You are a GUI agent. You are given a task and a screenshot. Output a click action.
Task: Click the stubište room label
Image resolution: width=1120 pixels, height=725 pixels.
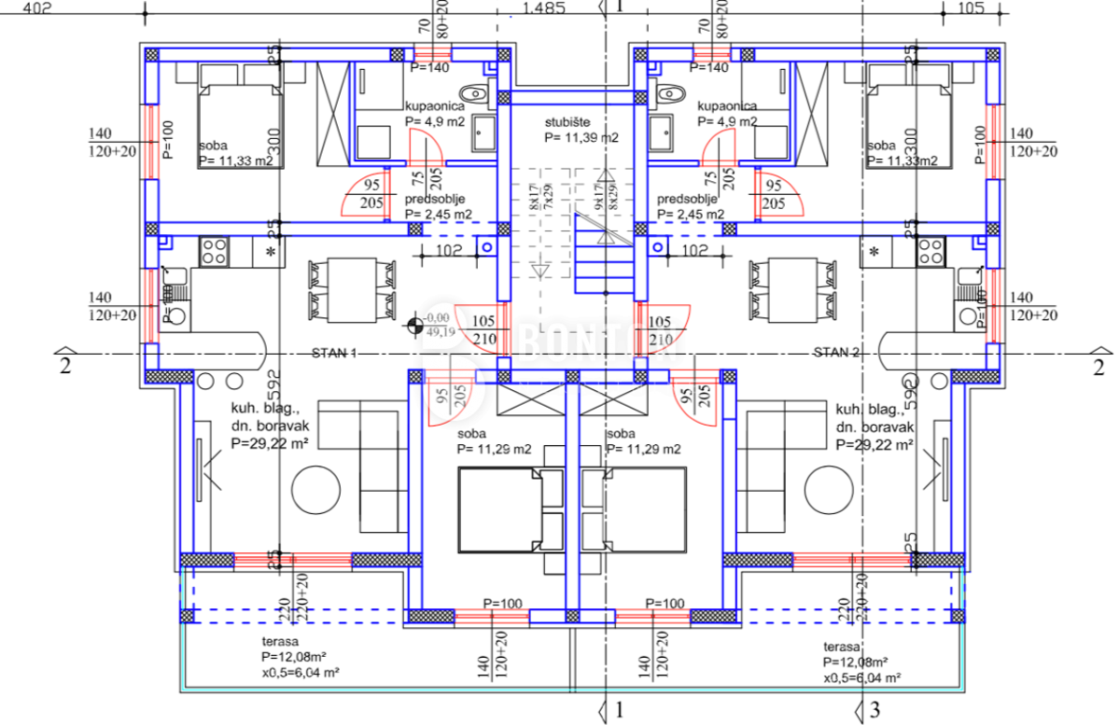pyautogui.click(x=569, y=122)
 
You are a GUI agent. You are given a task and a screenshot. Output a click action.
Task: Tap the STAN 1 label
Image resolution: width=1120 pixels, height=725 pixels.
pyautogui.click(x=334, y=353)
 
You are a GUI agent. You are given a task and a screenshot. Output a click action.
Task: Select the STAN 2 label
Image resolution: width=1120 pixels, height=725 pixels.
pyautogui.click(x=835, y=353)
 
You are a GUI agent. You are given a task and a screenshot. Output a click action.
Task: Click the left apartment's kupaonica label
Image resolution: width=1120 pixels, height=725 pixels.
pyautogui.click(x=435, y=106)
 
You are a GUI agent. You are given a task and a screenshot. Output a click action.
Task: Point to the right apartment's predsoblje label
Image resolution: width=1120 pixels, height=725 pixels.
pyautogui.click(x=687, y=200)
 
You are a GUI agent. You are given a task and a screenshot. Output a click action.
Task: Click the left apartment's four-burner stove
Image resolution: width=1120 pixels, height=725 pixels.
pyautogui.click(x=215, y=250)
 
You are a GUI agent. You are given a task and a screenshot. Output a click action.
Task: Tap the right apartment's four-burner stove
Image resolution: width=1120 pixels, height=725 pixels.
pyautogui.click(x=930, y=250)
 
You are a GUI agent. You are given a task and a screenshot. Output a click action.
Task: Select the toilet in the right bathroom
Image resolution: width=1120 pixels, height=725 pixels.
pyautogui.click(x=669, y=93)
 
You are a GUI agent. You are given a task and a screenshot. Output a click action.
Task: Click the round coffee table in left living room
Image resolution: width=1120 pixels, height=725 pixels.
pyautogui.click(x=317, y=492)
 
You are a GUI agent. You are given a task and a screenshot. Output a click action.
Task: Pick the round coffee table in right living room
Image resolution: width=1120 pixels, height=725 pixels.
pyautogui.click(x=831, y=492)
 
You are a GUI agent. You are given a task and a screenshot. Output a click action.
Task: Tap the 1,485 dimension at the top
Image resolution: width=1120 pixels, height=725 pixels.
pyautogui.click(x=545, y=9)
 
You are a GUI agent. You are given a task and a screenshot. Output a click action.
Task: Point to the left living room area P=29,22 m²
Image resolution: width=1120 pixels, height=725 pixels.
pyautogui.click(x=271, y=445)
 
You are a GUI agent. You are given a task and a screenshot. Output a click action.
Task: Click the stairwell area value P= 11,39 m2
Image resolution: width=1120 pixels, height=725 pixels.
pyautogui.click(x=581, y=137)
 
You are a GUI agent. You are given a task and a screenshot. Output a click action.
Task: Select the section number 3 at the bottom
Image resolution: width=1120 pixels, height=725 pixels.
pyautogui.click(x=875, y=711)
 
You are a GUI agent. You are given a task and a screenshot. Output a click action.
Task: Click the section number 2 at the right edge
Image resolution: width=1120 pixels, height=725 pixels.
pyautogui.click(x=1098, y=365)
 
